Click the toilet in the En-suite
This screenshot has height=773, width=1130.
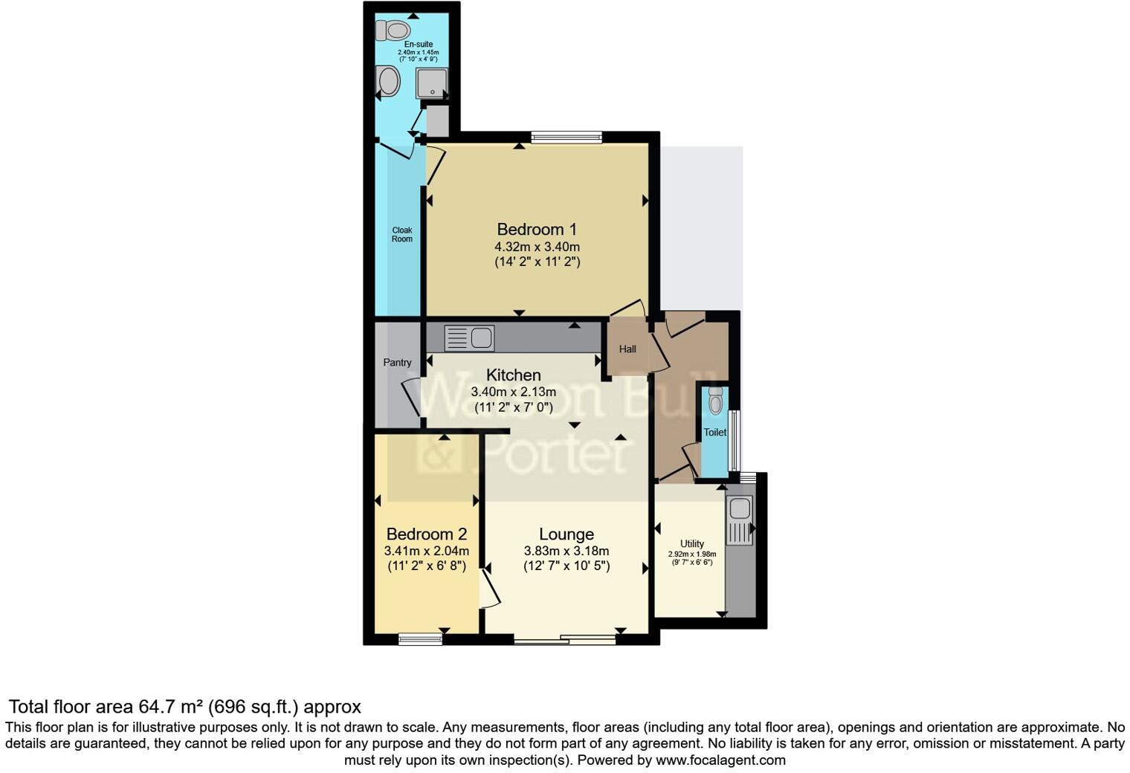pyautogui.click(x=393, y=30)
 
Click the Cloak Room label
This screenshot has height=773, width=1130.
pyautogui.click(x=402, y=235)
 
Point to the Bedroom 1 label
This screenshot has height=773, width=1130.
pyautogui.click(x=537, y=229)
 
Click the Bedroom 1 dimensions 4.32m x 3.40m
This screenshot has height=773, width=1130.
pyautogui.click(x=537, y=247)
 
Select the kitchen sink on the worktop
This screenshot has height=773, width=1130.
pyautogui.click(x=470, y=338)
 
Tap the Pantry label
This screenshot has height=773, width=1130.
pyautogui.click(x=397, y=363)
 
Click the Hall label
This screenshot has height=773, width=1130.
pyautogui.click(x=627, y=349)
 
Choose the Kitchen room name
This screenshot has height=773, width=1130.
pyautogui.click(x=513, y=375)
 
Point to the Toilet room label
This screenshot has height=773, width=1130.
pyautogui.click(x=715, y=432)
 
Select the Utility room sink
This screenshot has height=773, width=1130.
pyautogui.click(x=740, y=520)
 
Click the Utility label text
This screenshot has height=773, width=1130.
pyautogui.click(x=691, y=544)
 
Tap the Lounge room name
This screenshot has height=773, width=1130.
pyautogui.click(x=566, y=534)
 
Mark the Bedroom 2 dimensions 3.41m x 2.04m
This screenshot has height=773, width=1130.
pyautogui.click(x=426, y=551)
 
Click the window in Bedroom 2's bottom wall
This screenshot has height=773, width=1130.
pyautogui.click(x=420, y=638)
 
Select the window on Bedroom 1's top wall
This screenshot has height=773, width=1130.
pyautogui.click(x=566, y=137)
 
